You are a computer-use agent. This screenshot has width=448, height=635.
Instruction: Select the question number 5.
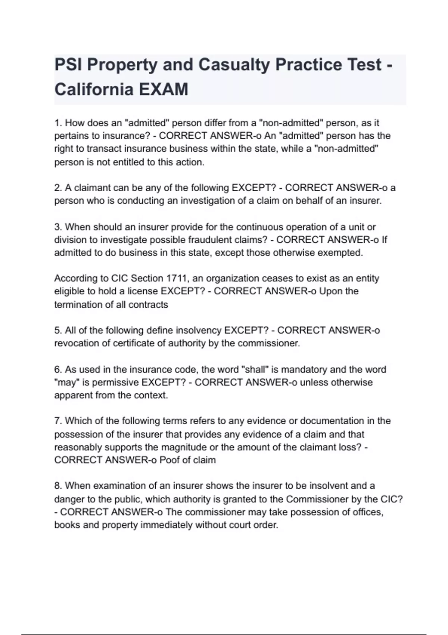coord(58,330)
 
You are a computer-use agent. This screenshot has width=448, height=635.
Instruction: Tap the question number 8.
coord(58,486)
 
